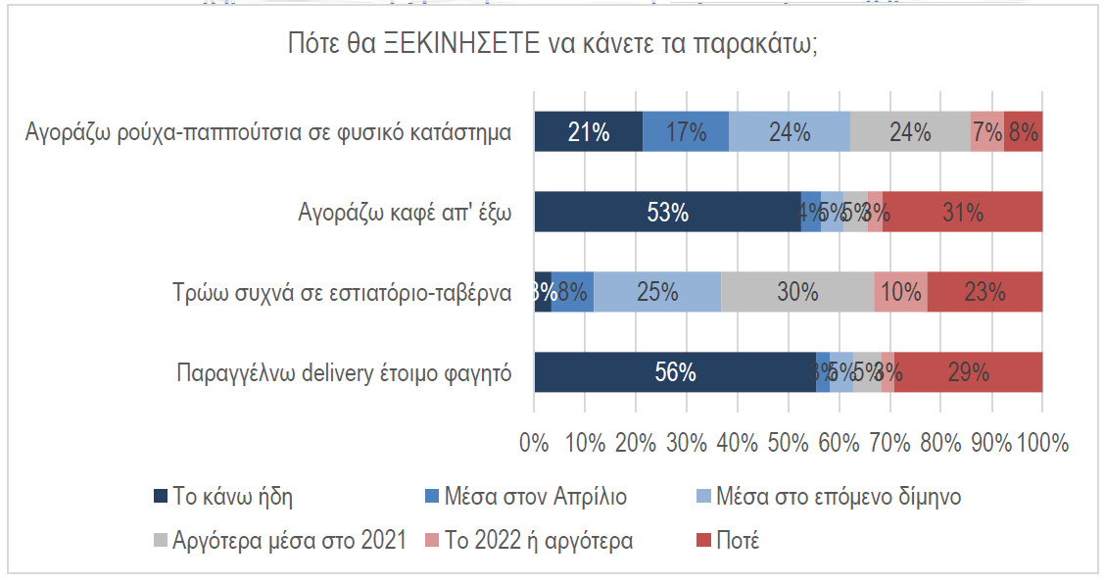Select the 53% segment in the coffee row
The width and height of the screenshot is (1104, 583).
pos(667,213)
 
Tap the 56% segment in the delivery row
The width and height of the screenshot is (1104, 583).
pos(675,372)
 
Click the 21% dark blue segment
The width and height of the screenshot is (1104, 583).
pos(588,132)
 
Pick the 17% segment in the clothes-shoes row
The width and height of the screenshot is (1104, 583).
pos(686,132)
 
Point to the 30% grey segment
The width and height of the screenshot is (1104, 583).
pos(797,292)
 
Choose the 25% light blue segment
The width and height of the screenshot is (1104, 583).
pos(657,292)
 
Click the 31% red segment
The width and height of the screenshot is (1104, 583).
pos(962,213)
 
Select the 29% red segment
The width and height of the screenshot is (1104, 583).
pos(968,372)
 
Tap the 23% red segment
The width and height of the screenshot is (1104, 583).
pos(984,292)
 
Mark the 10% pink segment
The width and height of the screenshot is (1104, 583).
pos(900,292)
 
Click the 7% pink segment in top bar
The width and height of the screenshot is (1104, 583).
pos(987,132)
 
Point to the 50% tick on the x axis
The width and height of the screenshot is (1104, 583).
pos(788,442)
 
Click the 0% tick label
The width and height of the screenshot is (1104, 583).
pos(534,442)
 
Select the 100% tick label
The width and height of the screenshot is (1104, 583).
pos(1042,442)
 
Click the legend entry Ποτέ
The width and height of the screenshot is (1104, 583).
pos(736,540)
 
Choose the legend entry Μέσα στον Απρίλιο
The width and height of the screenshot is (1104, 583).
pos(549,496)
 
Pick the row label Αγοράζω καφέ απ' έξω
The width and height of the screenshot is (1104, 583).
pos(404,213)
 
